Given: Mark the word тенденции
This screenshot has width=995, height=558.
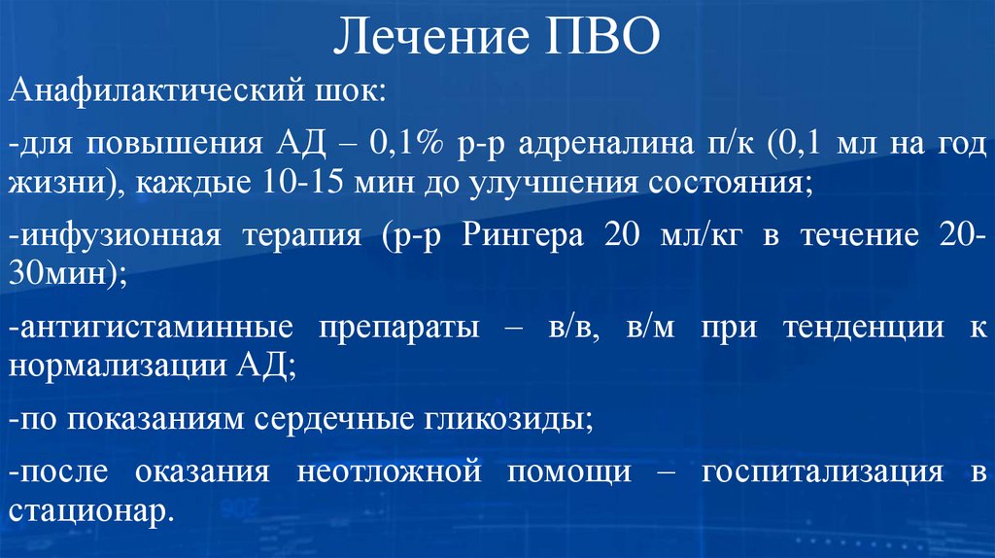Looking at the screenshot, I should (x=848, y=328).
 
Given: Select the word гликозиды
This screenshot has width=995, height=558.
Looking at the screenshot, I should (x=504, y=419).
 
